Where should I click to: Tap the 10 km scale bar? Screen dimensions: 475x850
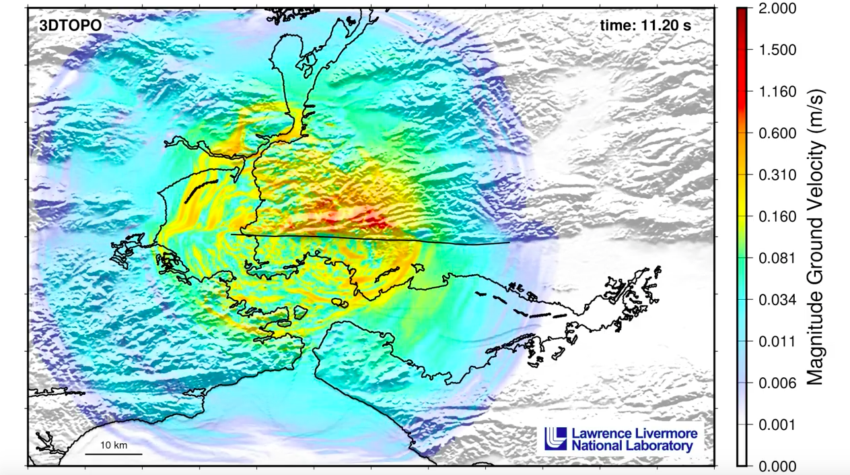(113, 453)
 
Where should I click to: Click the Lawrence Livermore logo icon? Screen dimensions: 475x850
(556, 438)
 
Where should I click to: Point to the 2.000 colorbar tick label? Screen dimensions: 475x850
(777, 9)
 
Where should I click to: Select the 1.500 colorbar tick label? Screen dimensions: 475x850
(777, 50)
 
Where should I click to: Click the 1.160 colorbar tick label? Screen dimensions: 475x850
(777, 92)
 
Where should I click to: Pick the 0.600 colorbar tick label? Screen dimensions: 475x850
(777, 133)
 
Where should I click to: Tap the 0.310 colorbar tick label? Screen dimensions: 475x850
(777, 175)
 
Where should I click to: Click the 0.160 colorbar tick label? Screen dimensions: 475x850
(777, 217)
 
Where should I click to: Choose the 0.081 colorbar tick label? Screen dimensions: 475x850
(777, 258)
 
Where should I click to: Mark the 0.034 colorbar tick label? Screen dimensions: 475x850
(777, 300)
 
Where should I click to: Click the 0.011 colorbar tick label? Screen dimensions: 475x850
(777, 342)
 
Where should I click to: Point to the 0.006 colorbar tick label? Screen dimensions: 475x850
(777, 383)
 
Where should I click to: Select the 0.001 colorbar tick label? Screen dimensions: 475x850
(777, 424)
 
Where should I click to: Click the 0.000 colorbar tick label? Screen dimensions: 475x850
(777, 466)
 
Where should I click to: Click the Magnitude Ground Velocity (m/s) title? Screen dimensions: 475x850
(816, 236)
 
